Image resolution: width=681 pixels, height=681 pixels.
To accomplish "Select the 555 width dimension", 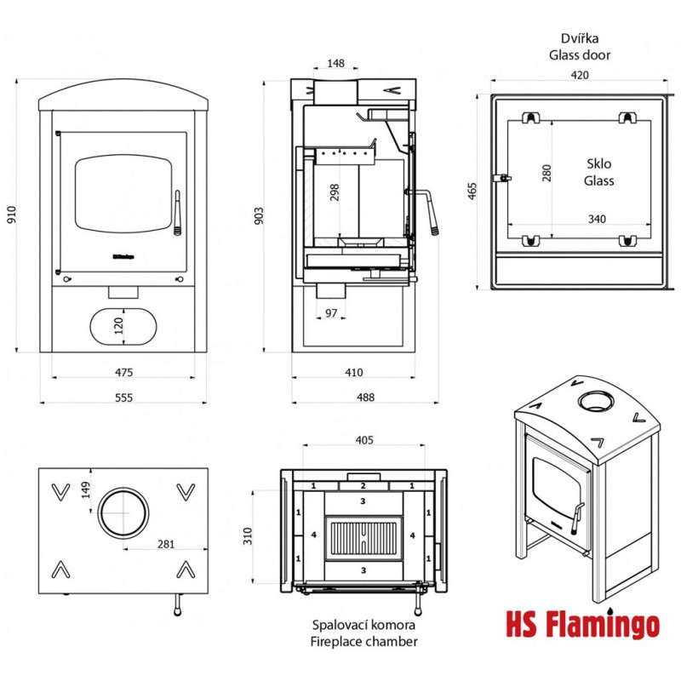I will (123, 398).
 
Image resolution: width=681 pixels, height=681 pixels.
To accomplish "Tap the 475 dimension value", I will (123, 371).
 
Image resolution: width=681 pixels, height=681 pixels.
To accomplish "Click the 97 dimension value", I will (332, 313).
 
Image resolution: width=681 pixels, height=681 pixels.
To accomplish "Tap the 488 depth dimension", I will (354, 398).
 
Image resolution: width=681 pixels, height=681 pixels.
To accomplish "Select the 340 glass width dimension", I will (597, 219).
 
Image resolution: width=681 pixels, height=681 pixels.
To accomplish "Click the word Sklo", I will (599, 164).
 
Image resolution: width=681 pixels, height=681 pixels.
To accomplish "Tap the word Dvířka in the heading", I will (580, 38).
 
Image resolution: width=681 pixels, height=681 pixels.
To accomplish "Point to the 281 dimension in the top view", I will (164, 544).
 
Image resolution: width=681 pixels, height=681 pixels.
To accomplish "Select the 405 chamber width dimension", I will (363, 440).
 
